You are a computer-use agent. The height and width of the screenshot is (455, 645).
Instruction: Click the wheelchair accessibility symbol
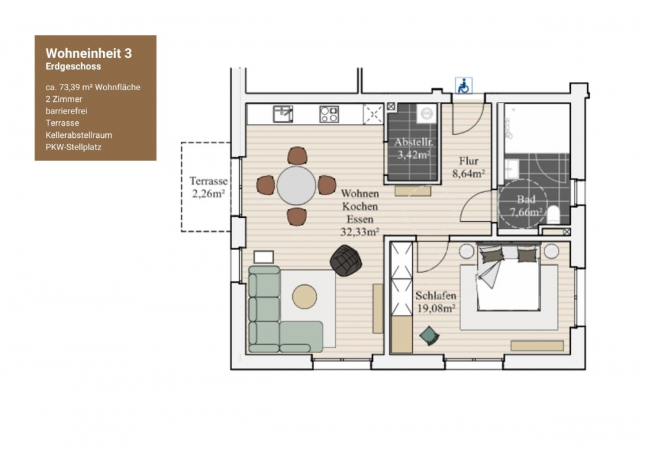[x=463, y=86]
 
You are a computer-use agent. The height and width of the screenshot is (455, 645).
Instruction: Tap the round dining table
[x=296, y=186]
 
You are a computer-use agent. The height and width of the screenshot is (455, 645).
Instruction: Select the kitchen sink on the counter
[x=282, y=114]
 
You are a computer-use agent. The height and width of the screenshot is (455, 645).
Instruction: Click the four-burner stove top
[x=329, y=114]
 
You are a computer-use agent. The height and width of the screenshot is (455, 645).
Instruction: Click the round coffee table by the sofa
[x=304, y=297]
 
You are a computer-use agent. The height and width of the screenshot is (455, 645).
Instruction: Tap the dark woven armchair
[x=345, y=261]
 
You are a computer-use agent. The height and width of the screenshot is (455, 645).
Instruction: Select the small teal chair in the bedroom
[x=428, y=336]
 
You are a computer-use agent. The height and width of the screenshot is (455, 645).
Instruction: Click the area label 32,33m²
[x=359, y=231]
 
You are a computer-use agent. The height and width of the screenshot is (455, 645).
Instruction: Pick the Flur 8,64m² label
[x=471, y=167]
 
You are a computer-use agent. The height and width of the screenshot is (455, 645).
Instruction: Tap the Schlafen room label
[x=436, y=296]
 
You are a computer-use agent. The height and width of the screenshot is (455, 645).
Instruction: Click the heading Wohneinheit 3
[x=88, y=53]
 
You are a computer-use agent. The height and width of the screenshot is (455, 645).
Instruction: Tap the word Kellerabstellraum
[x=78, y=135]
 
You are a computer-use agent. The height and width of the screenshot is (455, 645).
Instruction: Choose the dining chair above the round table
[x=297, y=155]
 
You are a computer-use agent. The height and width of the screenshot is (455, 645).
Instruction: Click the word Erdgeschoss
[x=73, y=66]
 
